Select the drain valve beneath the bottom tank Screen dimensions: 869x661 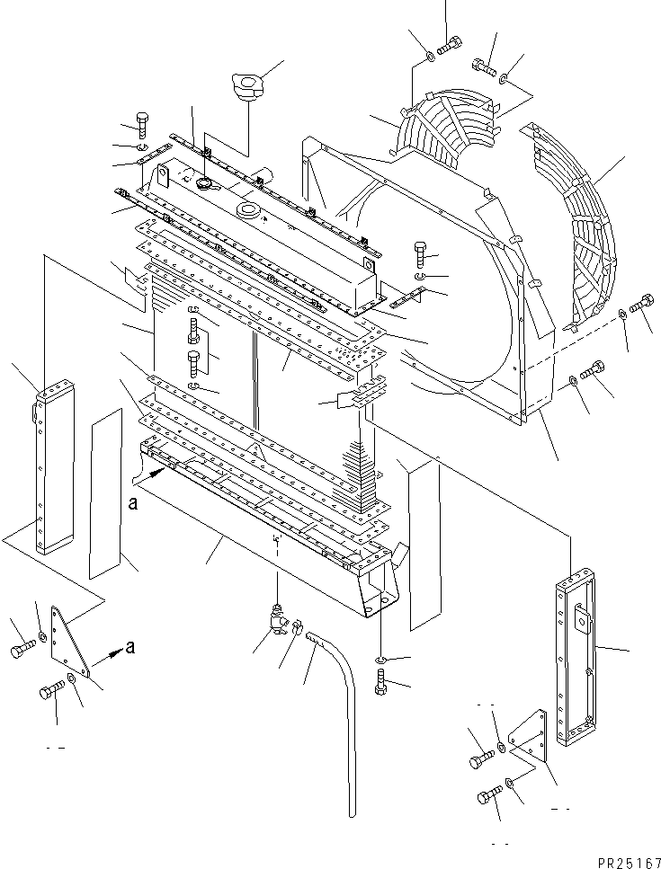(x=276, y=618)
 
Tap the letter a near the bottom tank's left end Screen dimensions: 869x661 (x=133, y=505)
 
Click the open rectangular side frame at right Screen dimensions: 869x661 (x=576, y=656)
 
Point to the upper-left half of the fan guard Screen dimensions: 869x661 (x=450, y=126)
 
